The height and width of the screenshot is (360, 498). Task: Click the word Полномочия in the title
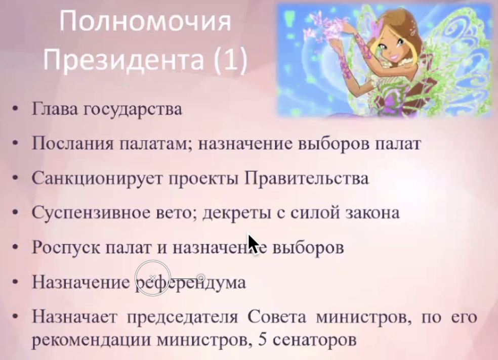point(145,21)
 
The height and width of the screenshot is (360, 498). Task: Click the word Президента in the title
point(123,60)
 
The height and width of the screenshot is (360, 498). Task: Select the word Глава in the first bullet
point(55,109)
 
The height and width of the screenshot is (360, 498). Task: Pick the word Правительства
point(307,178)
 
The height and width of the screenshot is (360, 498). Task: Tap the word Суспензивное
point(91,212)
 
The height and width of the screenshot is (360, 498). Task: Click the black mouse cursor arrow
point(254,244)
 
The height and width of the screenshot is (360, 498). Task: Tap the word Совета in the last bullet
point(277,317)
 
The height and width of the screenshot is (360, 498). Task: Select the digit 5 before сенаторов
point(263,340)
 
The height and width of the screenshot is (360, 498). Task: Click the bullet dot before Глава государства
point(15,109)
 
